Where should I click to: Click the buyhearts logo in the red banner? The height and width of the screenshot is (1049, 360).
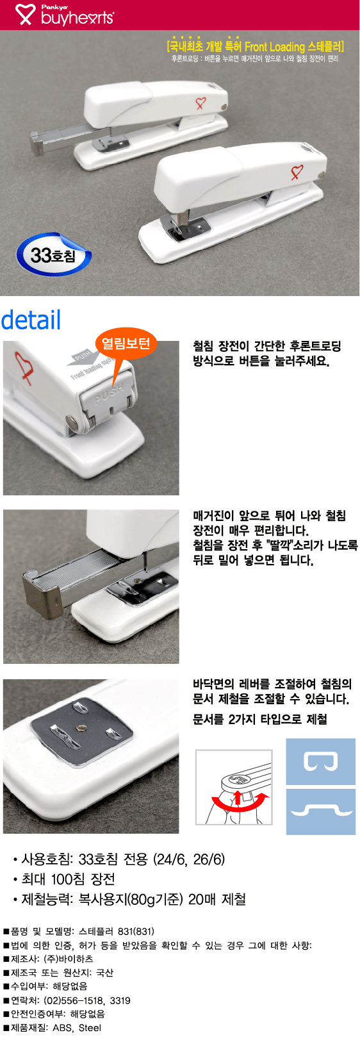pos(65,15)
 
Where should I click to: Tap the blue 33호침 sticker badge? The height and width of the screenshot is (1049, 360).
pos(54,255)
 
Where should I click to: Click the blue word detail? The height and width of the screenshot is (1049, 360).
pos(31,320)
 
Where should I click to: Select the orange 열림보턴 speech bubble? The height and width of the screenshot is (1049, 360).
pos(125,345)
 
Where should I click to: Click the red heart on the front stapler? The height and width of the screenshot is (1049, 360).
pos(297,172)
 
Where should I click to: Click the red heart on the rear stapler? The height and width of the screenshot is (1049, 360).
pos(200,103)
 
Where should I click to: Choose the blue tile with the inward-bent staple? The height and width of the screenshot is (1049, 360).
pos(320,761)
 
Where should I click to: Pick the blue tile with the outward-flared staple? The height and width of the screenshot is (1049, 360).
pos(320,811)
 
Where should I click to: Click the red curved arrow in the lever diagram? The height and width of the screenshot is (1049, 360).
pos(240,804)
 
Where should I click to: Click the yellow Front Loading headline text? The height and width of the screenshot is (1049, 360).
pos(256,46)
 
